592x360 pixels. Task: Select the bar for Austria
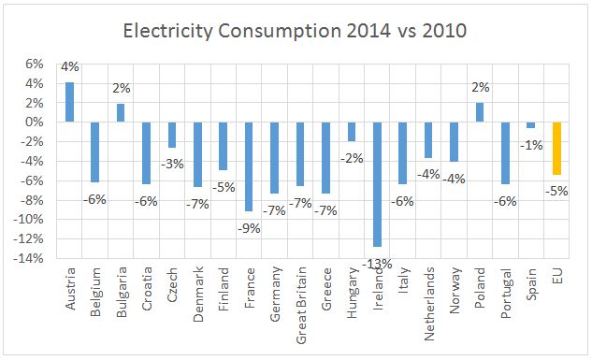coord(69,102)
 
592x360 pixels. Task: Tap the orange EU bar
coord(556,149)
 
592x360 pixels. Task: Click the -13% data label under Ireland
coord(377,266)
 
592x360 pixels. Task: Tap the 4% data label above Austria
coord(69,67)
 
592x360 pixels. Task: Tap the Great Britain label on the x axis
coord(300,304)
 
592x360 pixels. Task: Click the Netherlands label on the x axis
coord(428,304)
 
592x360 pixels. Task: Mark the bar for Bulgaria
coord(121,112)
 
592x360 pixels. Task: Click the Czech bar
coord(172,135)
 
